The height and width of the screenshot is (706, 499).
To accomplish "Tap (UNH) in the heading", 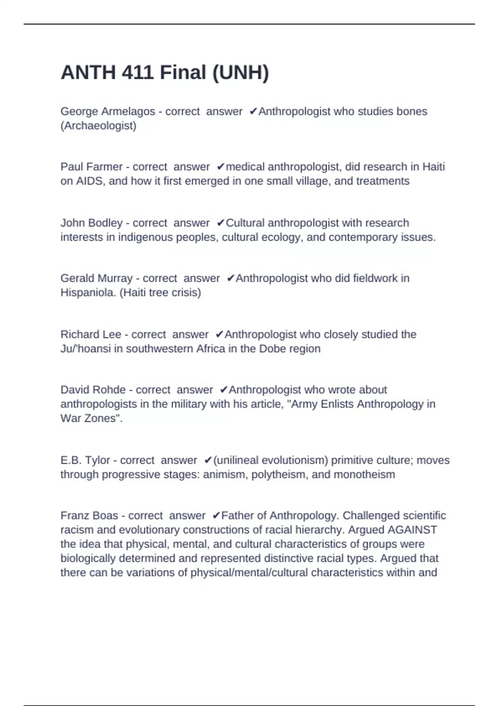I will [x=240, y=73].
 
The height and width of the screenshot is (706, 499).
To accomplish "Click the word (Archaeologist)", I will [x=99, y=126].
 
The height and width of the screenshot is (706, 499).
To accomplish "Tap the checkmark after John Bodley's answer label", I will [x=220, y=223].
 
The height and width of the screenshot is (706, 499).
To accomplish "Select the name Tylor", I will [x=97, y=461].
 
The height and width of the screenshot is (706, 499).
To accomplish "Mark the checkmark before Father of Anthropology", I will [x=216, y=516].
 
